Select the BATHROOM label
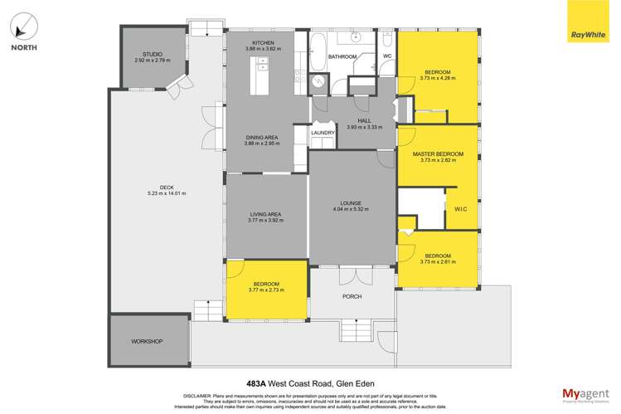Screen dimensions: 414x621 [x=342, y=56]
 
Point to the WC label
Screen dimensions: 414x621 [x=386, y=56]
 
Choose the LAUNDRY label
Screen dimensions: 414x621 [x=322, y=133]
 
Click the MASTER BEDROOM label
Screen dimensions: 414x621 [x=437, y=154]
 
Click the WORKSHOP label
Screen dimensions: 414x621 [x=146, y=342]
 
